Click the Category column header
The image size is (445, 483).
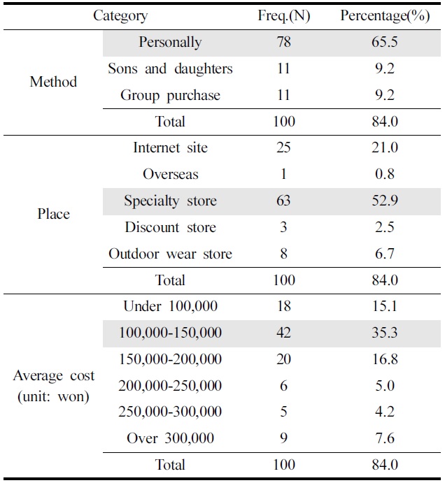click(120, 15)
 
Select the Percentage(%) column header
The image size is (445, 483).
click(384, 15)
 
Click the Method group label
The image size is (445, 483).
click(53, 82)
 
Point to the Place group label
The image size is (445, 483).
click(53, 214)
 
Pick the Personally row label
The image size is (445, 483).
click(170, 42)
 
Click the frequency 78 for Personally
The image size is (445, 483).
click(283, 42)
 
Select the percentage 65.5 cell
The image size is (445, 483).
click(385, 42)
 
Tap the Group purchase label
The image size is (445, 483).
click(170, 95)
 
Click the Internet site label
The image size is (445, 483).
click(170, 147)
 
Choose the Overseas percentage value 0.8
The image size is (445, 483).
click(385, 174)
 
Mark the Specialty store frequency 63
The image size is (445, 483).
click(283, 201)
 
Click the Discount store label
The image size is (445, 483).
click(170, 227)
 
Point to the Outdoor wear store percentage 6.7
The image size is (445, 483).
click(385, 254)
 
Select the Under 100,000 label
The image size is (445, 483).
click(170, 306)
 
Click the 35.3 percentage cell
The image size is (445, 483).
click(385, 333)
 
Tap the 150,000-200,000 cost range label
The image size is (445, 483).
click(170, 359)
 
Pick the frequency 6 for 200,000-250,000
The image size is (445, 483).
click(283, 386)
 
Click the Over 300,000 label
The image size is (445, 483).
click(170, 438)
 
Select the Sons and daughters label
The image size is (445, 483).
click(170, 69)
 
